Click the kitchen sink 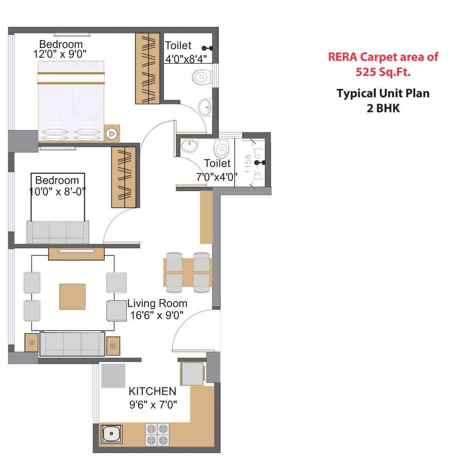(x=112, y=434)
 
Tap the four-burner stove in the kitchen (x=157, y=434)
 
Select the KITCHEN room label (x=152, y=391)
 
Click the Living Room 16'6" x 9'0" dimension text (x=157, y=315)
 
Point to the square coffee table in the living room (x=72, y=297)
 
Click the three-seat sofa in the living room (x=72, y=344)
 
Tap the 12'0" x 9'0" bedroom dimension (x=60, y=54)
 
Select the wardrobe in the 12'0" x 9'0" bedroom (x=147, y=68)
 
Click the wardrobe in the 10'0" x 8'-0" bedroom (x=124, y=177)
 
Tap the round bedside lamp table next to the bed (x=112, y=133)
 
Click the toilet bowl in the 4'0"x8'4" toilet (x=202, y=77)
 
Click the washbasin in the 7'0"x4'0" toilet (x=189, y=145)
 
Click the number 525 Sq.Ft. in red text (x=383, y=72)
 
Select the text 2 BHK (x=383, y=108)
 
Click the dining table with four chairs (x=188, y=272)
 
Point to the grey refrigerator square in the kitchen (x=113, y=375)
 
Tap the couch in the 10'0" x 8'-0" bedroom (x=58, y=232)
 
